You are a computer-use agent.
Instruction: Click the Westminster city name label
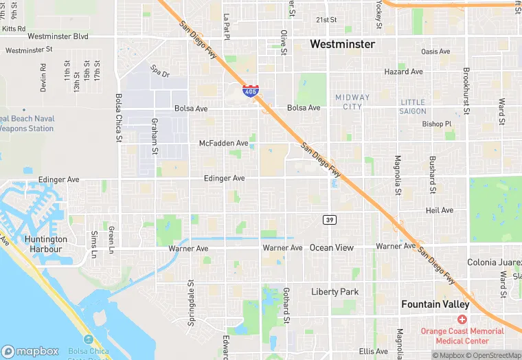point(342,44)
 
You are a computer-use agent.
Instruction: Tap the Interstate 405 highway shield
point(251,90)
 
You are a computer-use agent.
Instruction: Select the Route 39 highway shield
point(329,218)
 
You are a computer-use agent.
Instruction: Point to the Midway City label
point(352,102)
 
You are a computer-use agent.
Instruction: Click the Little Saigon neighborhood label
point(413,106)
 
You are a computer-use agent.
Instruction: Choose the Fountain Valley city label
point(435,304)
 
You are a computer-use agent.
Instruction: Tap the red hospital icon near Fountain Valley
point(462,320)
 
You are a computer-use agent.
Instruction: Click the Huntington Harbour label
point(43,244)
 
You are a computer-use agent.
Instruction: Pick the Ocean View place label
point(332,247)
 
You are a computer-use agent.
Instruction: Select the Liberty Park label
point(334,292)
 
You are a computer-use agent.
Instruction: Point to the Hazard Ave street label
point(404,71)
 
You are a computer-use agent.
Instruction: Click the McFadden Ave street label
point(223,143)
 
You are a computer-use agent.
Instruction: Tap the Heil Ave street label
point(440,210)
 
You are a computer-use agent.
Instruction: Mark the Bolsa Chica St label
point(119,118)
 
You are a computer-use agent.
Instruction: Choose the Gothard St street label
point(286,306)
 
